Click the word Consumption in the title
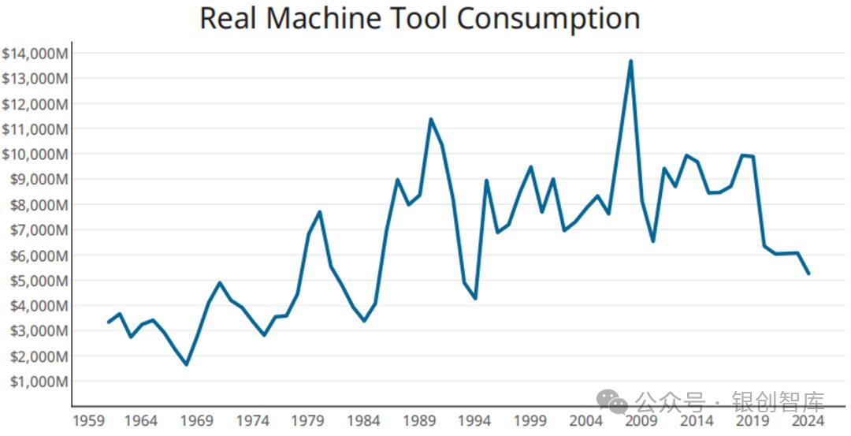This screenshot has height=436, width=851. [549, 19]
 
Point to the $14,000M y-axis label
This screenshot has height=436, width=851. [35, 54]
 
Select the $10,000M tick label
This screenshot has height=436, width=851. [35, 155]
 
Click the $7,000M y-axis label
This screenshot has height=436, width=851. [37, 230]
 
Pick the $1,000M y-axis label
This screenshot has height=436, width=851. [37, 382]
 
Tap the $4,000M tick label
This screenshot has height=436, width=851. [37, 306]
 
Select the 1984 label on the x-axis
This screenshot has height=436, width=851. [364, 421]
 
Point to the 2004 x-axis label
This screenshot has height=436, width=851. [586, 421]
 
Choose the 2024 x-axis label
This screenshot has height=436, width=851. [808, 421]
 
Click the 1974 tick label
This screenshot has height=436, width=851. [253, 421]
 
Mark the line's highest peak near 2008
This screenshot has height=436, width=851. [630, 61]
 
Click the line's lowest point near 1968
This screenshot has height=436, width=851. [186, 364]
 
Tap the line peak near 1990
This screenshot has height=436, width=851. [430, 119]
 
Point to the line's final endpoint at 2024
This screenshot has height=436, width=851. [808, 274]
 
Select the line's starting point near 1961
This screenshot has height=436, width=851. [109, 322]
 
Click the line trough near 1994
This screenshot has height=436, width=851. [475, 298]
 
